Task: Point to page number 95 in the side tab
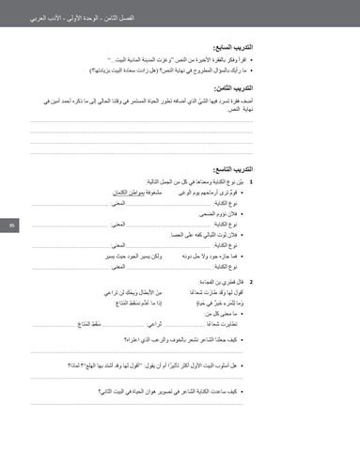pos(8,225)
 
